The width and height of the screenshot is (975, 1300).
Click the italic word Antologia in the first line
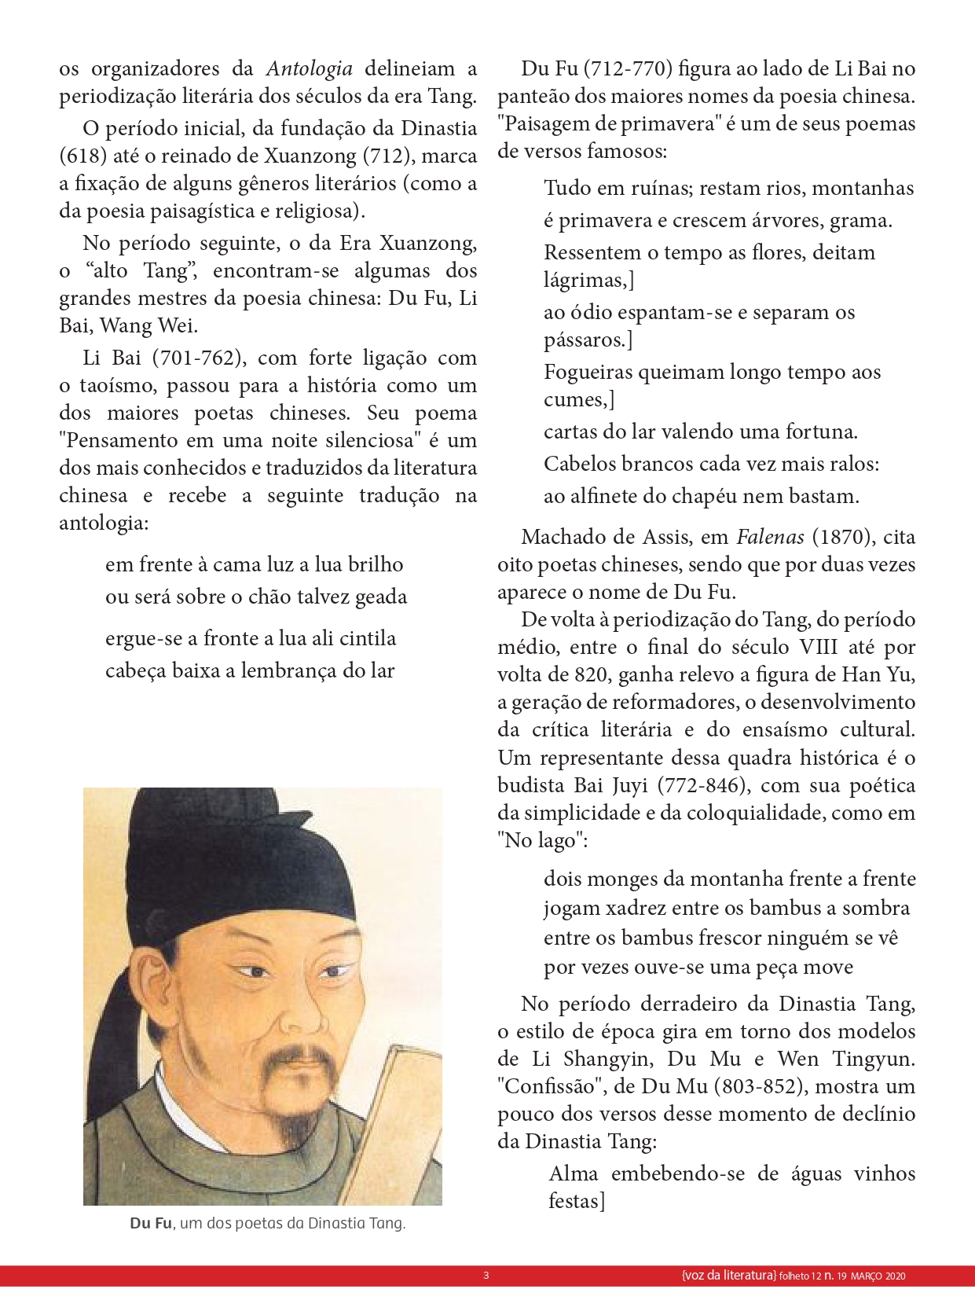click(309, 69)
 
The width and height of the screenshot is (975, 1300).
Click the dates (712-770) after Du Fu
click(628, 69)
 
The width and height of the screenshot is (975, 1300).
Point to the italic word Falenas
click(770, 537)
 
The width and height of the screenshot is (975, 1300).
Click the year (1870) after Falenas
click(841, 537)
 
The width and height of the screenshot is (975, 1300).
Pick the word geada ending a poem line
click(381, 597)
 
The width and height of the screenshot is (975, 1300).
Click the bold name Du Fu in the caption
click(151, 1224)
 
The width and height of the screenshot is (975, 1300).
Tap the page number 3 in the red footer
click(486, 1276)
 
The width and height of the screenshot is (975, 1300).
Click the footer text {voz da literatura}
click(729, 1276)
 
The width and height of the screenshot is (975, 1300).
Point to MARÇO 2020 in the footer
click(878, 1276)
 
